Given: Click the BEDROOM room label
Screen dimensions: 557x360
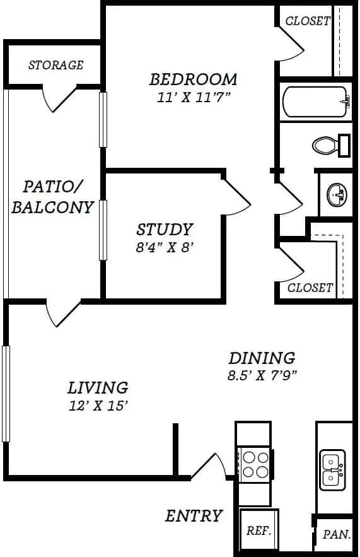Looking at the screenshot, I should [x=193, y=79].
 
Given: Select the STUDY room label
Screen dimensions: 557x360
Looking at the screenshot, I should [x=165, y=229].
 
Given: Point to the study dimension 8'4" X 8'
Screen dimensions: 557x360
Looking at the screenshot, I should [x=165, y=247].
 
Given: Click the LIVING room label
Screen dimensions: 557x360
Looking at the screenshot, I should [x=98, y=387].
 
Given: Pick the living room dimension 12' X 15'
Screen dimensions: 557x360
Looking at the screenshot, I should [x=98, y=406].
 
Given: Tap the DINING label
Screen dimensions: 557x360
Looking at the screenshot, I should [x=262, y=358].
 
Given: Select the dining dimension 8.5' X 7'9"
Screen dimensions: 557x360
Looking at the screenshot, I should [x=262, y=375].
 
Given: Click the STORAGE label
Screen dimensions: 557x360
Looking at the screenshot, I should [x=55, y=65].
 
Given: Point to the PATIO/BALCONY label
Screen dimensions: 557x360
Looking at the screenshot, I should [x=52, y=197].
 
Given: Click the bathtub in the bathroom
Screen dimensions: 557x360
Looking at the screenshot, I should [x=315, y=102].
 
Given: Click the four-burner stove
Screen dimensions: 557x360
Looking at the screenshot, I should [x=254, y=464].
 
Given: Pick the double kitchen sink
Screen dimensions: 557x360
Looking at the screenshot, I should [x=332, y=470].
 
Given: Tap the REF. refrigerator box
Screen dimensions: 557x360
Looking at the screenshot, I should [x=258, y=531].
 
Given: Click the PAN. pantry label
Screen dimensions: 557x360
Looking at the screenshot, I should [x=335, y=534].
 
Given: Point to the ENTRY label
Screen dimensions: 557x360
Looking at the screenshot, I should [x=194, y=515].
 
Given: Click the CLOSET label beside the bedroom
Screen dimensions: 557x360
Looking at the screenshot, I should [x=308, y=21].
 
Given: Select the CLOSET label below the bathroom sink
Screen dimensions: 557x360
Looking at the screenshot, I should [x=310, y=288].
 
